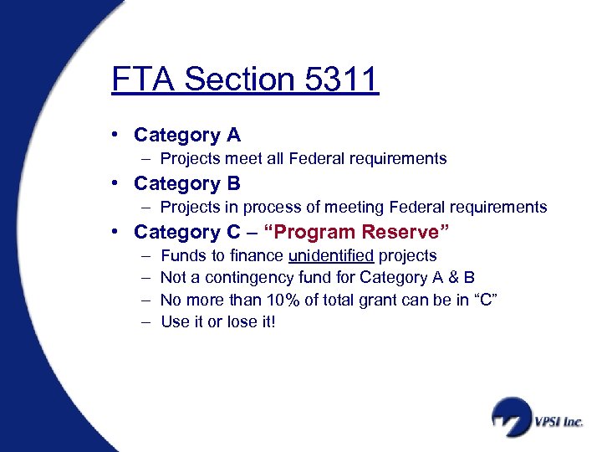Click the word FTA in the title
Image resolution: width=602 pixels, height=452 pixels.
143,80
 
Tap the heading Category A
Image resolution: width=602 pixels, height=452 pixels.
186,135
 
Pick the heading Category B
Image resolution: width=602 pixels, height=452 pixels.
186,183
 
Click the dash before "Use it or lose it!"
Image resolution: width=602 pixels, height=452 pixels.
146,321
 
